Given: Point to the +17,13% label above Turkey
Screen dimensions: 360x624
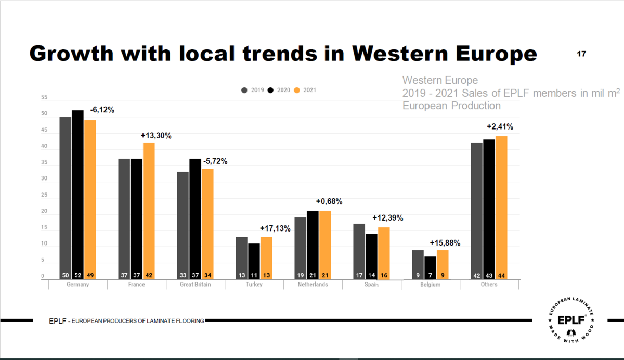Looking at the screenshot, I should [275, 228].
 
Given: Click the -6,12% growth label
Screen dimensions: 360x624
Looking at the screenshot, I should [102, 110].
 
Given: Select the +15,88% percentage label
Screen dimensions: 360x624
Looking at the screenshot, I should [445, 242].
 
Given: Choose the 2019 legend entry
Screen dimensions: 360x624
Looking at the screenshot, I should [253, 90].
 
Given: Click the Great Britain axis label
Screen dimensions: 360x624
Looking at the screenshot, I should [196, 285].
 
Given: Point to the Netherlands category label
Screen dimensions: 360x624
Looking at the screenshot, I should [313, 285].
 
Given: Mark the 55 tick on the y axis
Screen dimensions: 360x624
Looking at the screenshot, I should [44, 97].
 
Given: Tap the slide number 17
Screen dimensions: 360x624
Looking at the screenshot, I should [581, 54].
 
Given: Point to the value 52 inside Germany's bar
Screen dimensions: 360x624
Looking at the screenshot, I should [77, 275].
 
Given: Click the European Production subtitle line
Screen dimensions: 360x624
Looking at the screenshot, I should [451, 106].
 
